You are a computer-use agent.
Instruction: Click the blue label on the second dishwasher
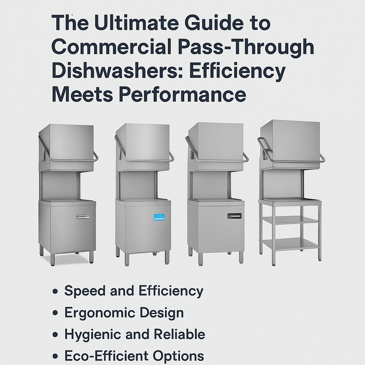[x=159, y=217]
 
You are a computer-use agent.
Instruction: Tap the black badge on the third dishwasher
[x=234, y=216]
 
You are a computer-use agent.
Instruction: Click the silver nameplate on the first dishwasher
[x=83, y=216]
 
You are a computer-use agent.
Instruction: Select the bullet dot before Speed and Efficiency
[x=55, y=292]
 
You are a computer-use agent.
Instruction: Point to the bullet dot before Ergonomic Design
[x=55, y=313]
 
